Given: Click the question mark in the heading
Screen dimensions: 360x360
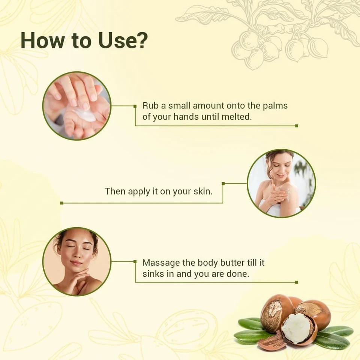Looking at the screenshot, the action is tap(139, 40).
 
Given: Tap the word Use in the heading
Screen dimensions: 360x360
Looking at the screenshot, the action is tap(114, 40).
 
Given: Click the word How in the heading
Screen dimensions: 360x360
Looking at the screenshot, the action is tap(42, 40).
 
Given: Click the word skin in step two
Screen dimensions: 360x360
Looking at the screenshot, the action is tap(203, 191).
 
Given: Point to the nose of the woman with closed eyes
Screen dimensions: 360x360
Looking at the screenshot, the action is tap(76, 254).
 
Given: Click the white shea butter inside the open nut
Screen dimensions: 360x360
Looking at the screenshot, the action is tap(297, 329).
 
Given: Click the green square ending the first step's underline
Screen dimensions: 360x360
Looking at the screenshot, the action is tap(297, 126).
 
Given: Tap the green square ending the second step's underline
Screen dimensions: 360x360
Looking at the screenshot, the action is tap(61, 203).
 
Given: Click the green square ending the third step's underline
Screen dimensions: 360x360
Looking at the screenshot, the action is tap(297, 282).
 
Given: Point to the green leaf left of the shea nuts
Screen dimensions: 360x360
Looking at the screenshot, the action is tap(250, 324).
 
